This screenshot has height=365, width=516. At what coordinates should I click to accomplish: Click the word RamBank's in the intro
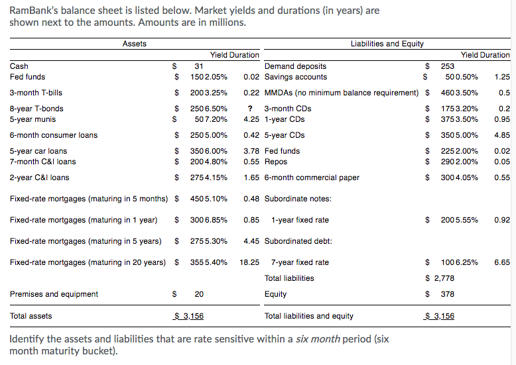pos(31,11)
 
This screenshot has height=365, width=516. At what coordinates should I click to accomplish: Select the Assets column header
pos(135,44)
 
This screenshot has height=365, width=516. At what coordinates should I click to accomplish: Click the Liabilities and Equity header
pos(387,44)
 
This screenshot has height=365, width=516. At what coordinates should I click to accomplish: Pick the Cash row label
pos(19,66)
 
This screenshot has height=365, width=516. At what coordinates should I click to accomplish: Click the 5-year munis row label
pos(33,119)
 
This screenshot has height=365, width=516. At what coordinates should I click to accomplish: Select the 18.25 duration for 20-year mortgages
pos(249,262)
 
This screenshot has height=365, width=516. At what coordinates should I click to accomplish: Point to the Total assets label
pos(31,316)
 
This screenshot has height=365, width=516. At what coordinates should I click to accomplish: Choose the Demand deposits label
pos(295,66)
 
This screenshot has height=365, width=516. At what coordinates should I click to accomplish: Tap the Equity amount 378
pos(448,294)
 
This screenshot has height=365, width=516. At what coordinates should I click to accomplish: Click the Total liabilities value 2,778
pos(444,278)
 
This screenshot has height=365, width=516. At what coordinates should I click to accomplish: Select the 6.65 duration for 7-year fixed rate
pos(502,262)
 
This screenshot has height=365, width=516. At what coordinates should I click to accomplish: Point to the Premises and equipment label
pos(54,294)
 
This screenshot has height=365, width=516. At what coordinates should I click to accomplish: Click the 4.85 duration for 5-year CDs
pos(502,135)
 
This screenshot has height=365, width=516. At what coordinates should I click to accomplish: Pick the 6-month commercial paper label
pos(312,178)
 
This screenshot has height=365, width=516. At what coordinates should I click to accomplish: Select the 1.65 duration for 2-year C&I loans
pos(251,178)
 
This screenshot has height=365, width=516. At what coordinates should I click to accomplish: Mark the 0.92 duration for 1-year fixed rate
pos(502,220)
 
